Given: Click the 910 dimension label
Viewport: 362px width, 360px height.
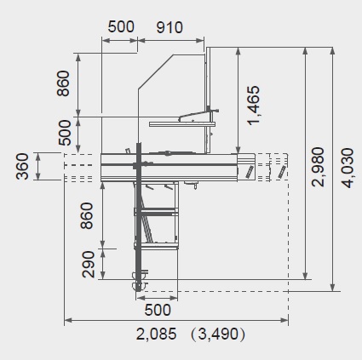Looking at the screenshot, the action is tap(170, 27).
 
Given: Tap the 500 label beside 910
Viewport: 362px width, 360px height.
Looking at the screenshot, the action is tap(121, 27).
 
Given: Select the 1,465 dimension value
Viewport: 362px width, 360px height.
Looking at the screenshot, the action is tap(254, 106).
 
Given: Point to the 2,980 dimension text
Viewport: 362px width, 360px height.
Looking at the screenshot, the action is tap(318, 167).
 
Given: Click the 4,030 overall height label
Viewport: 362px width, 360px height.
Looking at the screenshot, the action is tap(348, 168).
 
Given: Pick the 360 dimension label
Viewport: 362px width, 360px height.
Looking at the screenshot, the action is tap(22, 166).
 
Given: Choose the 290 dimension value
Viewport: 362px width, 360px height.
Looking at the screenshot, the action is tap(88, 264).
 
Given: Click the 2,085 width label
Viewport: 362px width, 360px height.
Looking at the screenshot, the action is tap(156, 334).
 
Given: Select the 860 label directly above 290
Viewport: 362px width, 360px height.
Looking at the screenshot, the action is tap(87, 215).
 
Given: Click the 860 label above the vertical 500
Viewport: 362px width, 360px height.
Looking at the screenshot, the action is tap(63, 83).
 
